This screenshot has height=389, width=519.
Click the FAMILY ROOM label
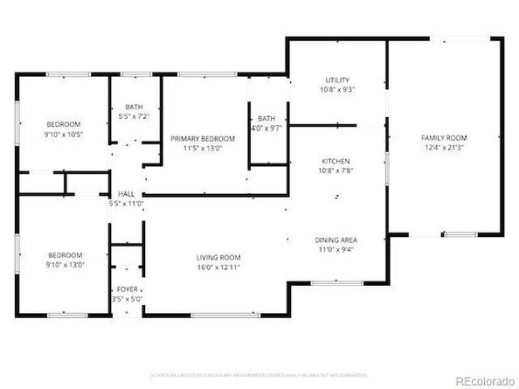point(444,138)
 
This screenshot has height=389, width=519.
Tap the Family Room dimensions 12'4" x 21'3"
point(444,149)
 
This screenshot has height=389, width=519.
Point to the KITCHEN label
point(336,162)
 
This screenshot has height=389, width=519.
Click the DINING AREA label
point(336,239)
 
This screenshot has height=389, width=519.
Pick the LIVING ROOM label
point(218,257)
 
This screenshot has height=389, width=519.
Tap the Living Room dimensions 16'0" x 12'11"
point(218,267)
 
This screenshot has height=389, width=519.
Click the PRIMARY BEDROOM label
point(203,138)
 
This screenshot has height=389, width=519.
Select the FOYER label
point(127,288)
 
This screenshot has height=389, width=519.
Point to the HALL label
point(126,193)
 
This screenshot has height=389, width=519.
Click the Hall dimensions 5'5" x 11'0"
point(126,203)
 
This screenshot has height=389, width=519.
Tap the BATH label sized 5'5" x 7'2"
point(134,106)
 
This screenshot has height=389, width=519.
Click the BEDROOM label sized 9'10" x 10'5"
point(64,123)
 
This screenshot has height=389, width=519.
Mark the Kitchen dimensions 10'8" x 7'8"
point(336,172)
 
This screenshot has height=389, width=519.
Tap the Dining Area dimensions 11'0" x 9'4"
point(336,249)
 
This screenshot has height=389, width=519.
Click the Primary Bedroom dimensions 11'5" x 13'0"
point(203,149)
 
